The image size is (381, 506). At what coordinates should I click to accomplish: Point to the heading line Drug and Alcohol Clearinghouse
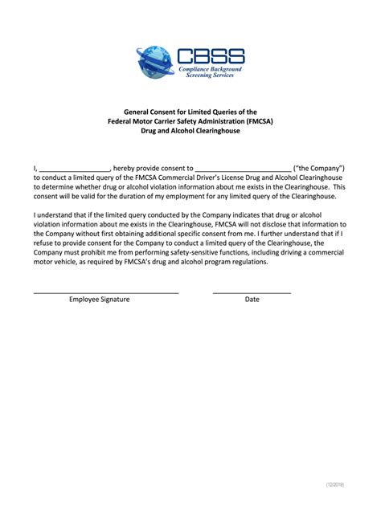point(190,130)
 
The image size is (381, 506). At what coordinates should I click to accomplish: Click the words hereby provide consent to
point(152,167)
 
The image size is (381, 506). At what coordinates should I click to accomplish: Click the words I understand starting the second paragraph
point(55,215)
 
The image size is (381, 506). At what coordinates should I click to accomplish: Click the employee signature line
point(105,292)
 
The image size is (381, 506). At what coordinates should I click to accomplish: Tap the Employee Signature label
point(99,299)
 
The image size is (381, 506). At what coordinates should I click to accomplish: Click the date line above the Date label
point(252,292)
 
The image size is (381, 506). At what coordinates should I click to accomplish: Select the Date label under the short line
point(252,299)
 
